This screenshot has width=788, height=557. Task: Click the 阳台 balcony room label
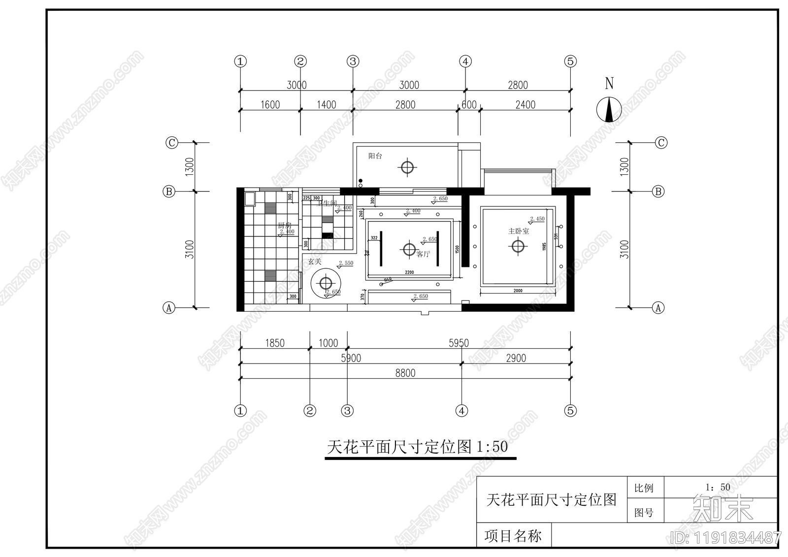tap(375, 156)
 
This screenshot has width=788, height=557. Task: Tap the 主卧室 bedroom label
tap(518, 231)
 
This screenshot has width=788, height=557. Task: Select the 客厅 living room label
tap(423, 254)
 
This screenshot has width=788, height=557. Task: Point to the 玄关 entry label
tap(315, 262)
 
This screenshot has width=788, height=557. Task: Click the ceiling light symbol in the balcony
tap(407, 167)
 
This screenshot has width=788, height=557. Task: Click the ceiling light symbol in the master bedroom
tap(518, 245)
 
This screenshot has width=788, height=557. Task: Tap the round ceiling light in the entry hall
tap(326, 283)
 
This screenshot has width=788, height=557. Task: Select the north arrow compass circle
tap(609, 109)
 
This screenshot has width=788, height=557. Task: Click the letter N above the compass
tap(609, 83)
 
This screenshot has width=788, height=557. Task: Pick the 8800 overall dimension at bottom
tap(405, 373)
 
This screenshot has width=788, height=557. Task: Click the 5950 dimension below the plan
tap(459, 343)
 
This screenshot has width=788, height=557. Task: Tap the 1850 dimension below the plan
tap(275, 343)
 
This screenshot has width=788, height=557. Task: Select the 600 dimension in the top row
tap(469, 104)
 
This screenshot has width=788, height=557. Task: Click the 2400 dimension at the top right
tap(525, 104)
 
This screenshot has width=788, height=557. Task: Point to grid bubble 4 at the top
tap(465, 62)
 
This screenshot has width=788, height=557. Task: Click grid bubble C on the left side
tap(171, 143)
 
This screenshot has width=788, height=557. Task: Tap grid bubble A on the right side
tap(658, 308)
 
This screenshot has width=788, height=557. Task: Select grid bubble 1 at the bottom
tap(240, 410)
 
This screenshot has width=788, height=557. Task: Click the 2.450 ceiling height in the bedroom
tap(537, 219)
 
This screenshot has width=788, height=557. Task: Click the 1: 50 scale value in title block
tap(718, 487)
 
